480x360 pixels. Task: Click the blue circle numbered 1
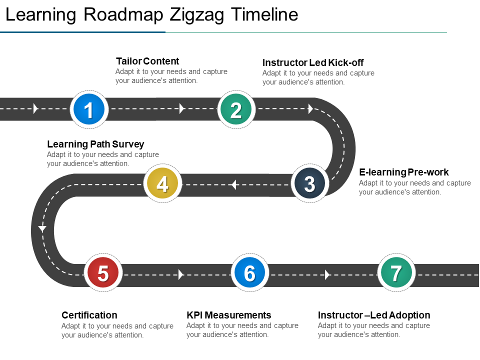coord(89,109)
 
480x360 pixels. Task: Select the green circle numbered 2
coord(236,109)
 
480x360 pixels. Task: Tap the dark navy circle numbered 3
coord(309,183)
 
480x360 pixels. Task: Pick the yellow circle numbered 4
coord(162,183)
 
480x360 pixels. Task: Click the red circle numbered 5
coord(103,272)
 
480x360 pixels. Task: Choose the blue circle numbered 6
coord(250,272)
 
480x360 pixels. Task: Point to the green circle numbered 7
coord(396,272)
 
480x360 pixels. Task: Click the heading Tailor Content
coord(147,61)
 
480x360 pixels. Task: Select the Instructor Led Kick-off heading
coord(313,63)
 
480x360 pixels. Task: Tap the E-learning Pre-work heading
coord(404,172)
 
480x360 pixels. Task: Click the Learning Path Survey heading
coord(95,144)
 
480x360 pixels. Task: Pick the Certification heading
coord(89,315)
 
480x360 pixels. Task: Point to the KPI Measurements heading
coord(229,315)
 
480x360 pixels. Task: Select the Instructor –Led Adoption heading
coord(374,315)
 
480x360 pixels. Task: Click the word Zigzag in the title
coord(197,14)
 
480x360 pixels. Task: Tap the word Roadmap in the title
coord(123,14)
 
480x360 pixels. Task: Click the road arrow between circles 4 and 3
coord(234,184)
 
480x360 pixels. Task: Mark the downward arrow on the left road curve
coord(42,228)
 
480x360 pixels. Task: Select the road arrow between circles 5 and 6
coord(181,274)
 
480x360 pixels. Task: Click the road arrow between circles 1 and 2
coord(182,108)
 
